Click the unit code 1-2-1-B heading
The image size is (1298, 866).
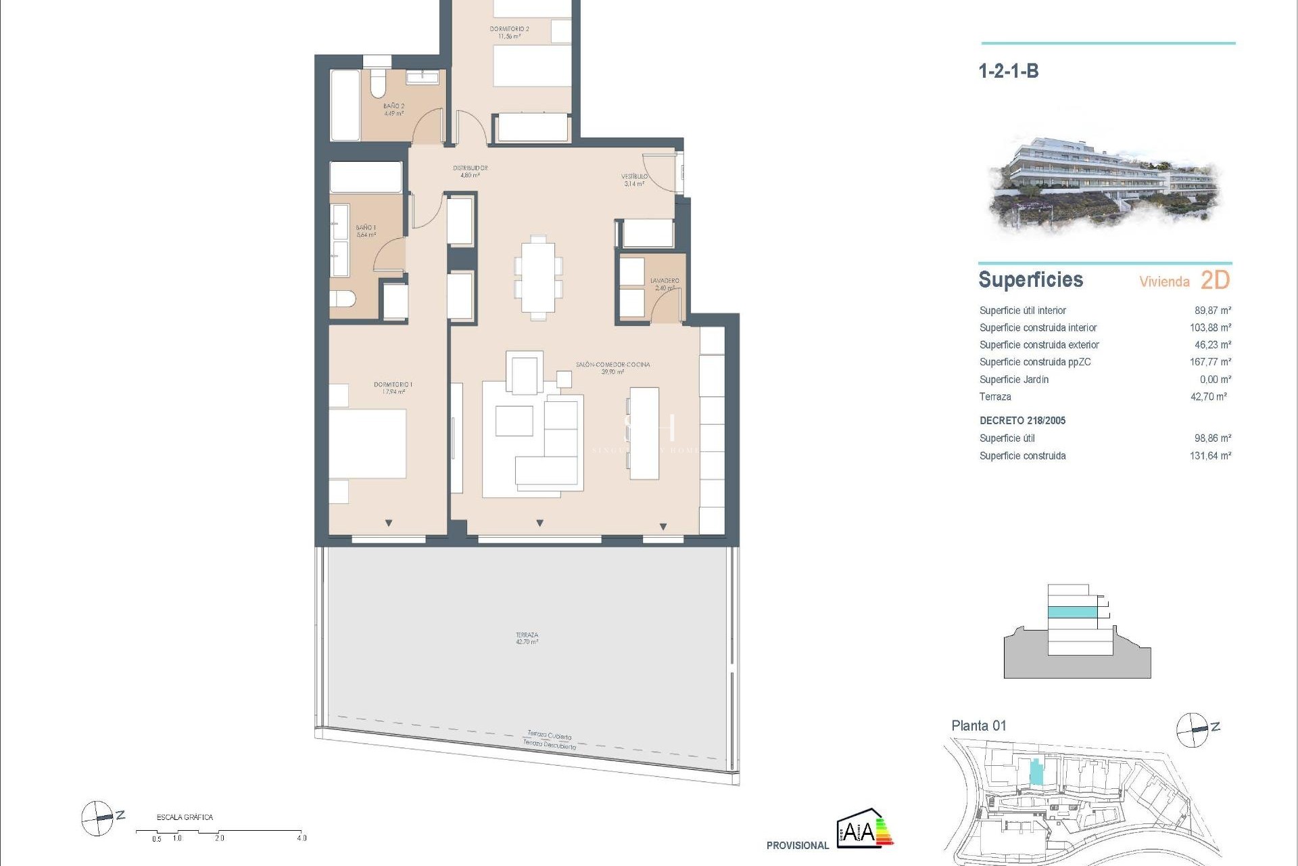[x=1008, y=71]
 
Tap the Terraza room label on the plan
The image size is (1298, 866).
[x=527, y=638]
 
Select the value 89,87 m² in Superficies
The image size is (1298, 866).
[x=1212, y=311]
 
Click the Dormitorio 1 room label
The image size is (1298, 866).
[x=393, y=388]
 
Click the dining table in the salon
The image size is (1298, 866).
[x=538, y=277]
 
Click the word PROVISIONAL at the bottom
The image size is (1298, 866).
[x=797, y=845]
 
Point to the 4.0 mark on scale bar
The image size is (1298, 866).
[x=302, y=838]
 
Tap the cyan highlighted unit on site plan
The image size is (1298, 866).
[x=1036, y=772]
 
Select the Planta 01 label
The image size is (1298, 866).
[x=978, y=726]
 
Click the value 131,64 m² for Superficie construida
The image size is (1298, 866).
[x=1210, y=456]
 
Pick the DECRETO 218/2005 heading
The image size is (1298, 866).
[x=1022, y=421]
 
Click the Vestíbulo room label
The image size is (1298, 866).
[x=634, y=180]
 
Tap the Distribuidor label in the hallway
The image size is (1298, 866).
[x=470, y=171]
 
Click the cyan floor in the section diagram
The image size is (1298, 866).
[x=1072, y=612]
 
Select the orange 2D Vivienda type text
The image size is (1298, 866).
[x=1215, y=280]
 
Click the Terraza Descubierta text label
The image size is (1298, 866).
[x=549, y=744]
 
